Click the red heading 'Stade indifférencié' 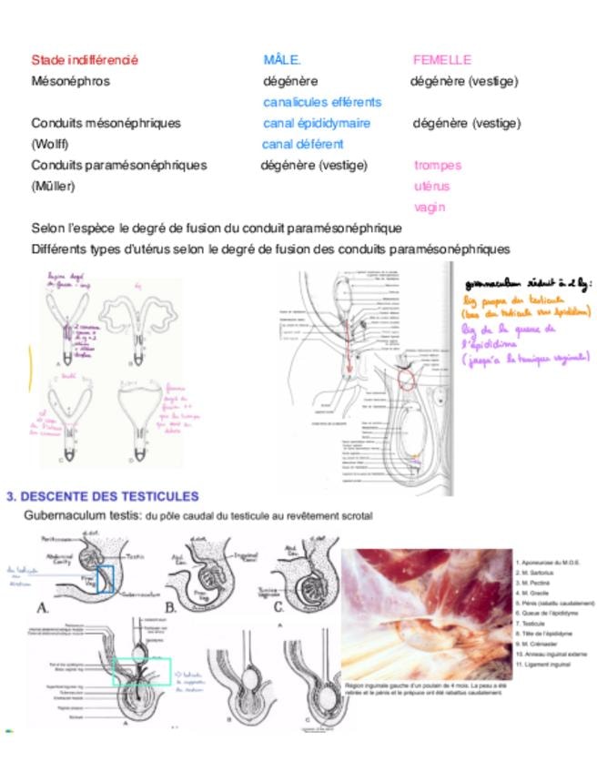pos(85,60)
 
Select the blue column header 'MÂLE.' pos(282,60)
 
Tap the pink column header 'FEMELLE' pos(442,60)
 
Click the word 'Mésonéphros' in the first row pos(71,81)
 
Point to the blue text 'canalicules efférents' pos(322,102)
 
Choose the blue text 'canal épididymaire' pos(317,123)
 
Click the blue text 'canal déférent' pos(302,144)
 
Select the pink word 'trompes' pos(438,165)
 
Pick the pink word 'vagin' pos(430,207)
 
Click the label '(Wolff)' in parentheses pos(50,144)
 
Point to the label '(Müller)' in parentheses pos(53,186)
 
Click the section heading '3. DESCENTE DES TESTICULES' pos(102,496)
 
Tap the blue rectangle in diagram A pos(106,579)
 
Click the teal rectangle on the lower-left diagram pos(142,671)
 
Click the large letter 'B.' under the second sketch pos(170,606)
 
